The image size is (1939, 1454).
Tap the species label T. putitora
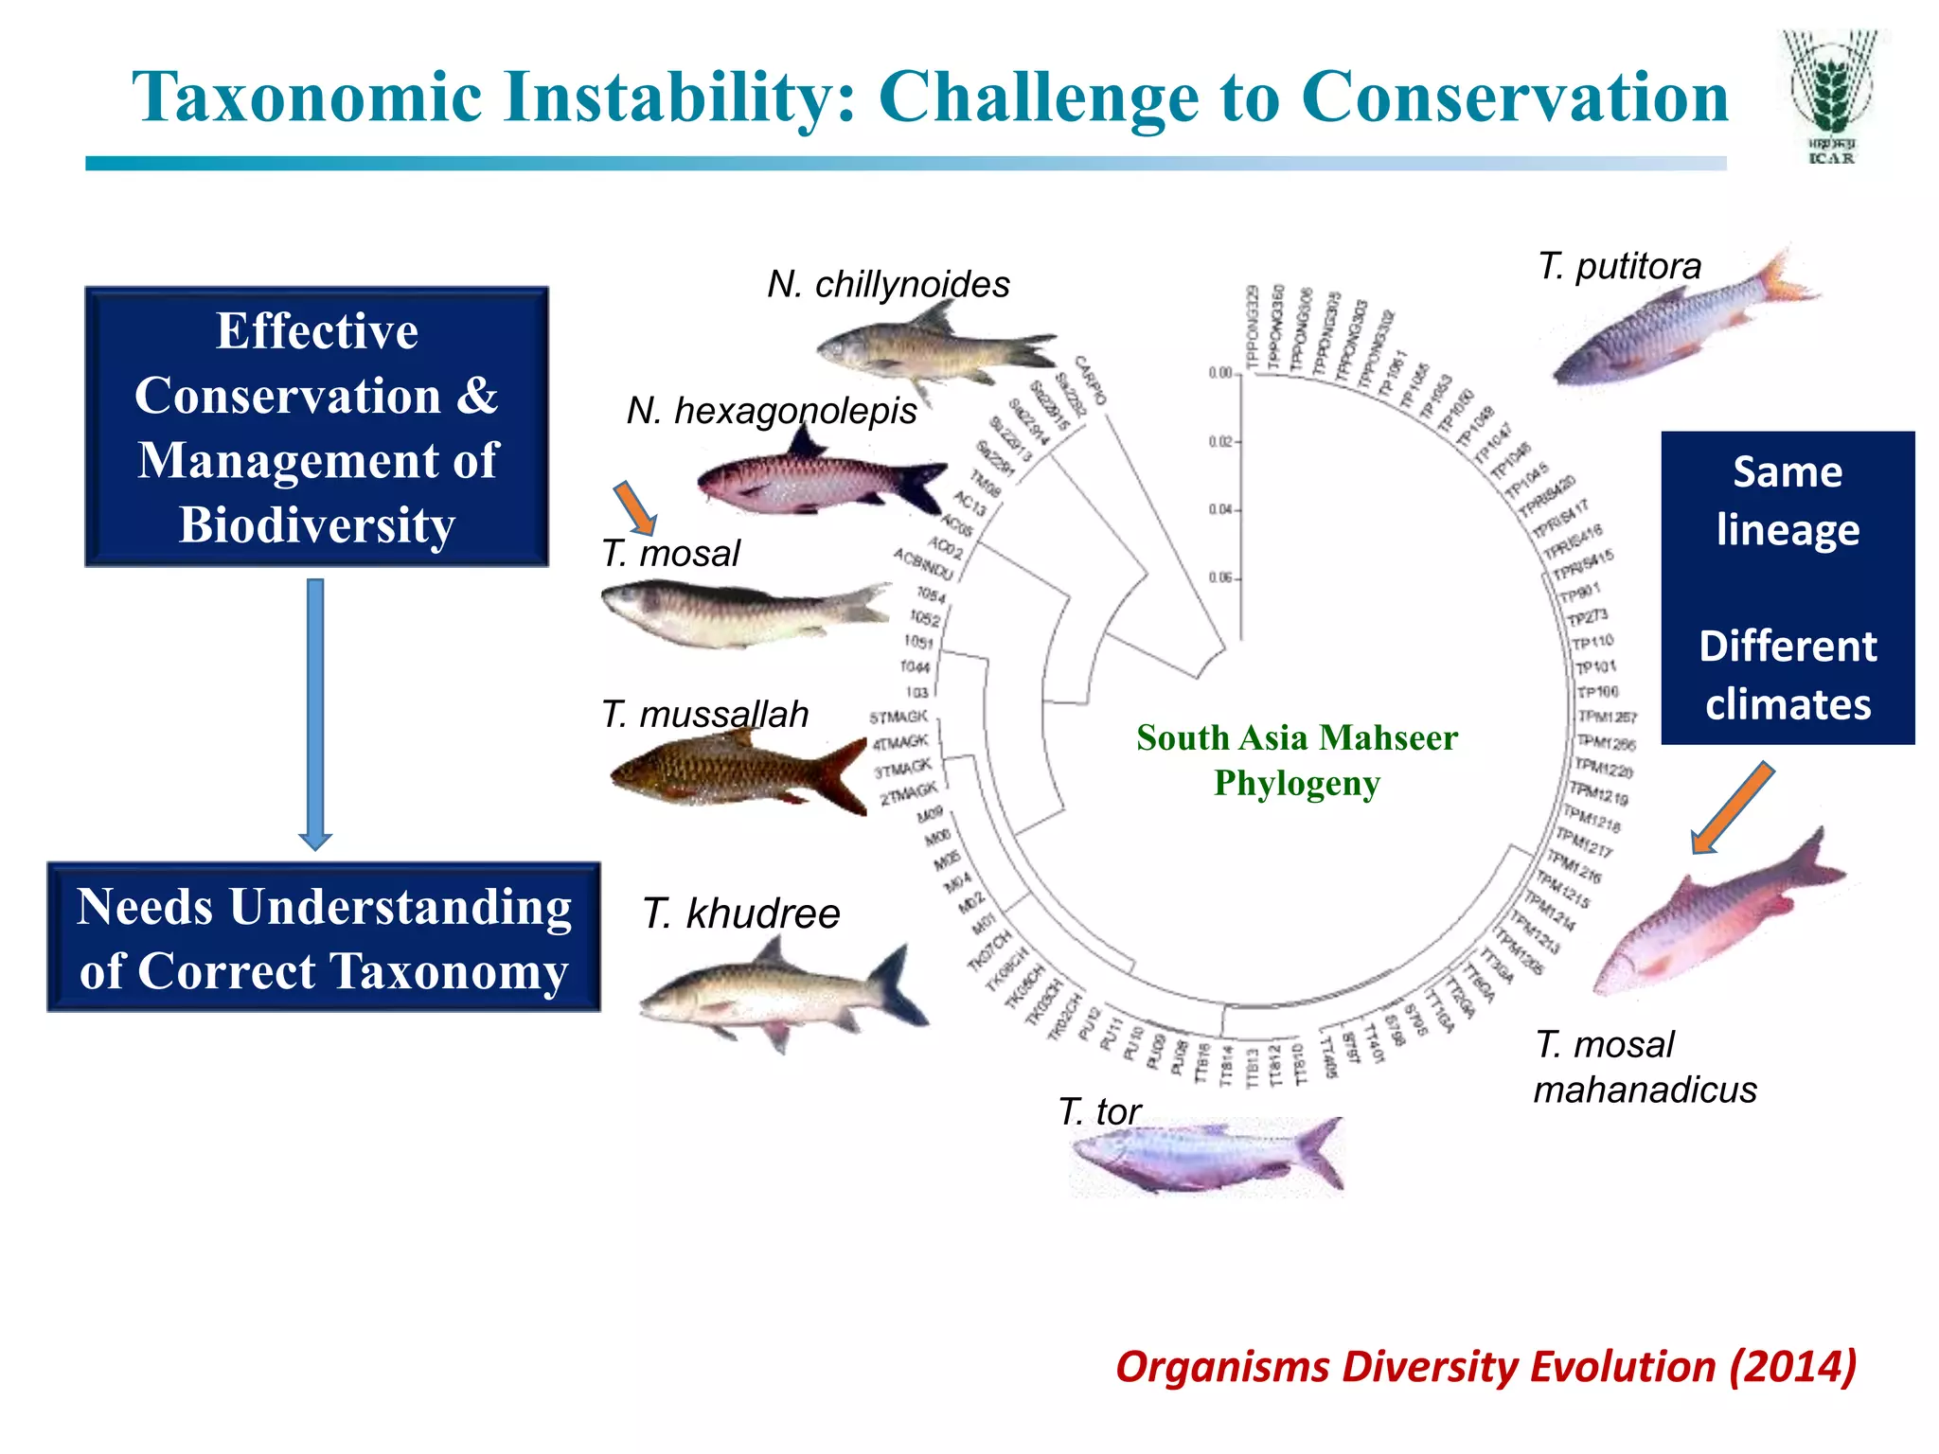coord(1619,266)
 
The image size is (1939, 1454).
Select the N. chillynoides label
coord(888,284)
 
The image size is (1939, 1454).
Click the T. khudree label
coord(741,913)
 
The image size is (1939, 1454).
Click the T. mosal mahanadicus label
coord(1645,1067)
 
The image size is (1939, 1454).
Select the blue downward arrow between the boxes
coord(315,715)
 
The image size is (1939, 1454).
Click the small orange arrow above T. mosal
coord(634,507)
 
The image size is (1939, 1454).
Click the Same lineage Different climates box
coord(1788,588)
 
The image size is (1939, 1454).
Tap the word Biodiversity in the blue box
coord(317,525)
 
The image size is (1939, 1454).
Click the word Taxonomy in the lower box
coord(449,971)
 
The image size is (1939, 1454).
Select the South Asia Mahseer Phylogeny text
coord(1296,760)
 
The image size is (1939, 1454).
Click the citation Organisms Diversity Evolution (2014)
coord(1485,1367)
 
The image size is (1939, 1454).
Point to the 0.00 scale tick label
coord(1219,373)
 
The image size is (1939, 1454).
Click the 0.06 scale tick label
coord(1220,577)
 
